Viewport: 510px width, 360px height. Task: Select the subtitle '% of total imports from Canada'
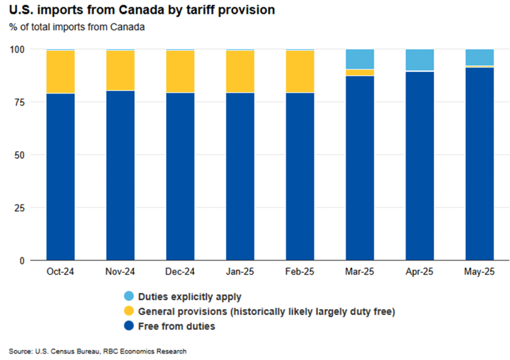[x=77, y=27]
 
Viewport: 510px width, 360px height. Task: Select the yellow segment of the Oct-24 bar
[x=60, y=72]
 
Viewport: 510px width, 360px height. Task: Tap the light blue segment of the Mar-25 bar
[x=360, y=59]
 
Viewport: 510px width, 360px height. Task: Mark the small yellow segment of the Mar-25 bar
[x=360, y=73]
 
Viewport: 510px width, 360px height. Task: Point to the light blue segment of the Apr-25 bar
[x=419, y=60]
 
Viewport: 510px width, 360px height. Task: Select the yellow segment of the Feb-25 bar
[x=300, y=72]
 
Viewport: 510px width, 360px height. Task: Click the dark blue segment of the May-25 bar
[x=480, y=164]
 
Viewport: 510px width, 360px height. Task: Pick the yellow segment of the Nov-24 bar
[x=120, y=71]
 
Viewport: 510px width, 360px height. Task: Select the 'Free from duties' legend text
[x=177, y=327]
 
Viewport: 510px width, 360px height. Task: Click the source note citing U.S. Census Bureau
[x=98, y=352]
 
